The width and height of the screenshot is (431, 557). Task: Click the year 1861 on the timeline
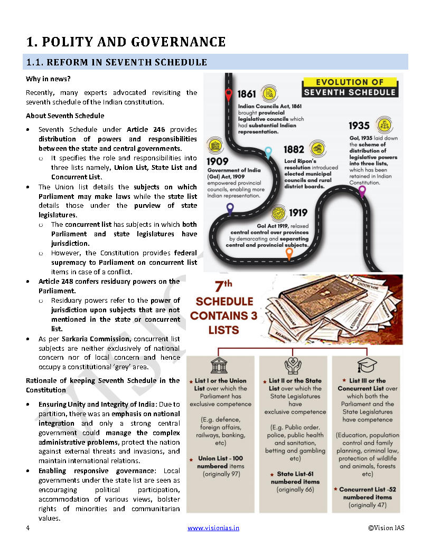(247, 94)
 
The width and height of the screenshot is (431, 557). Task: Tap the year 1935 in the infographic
(359, 126)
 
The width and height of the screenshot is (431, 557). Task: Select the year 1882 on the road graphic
(294, 150)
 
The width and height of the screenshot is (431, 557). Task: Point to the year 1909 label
(218, 161)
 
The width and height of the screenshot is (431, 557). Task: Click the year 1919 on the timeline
(298, 214)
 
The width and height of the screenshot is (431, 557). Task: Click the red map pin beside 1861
(228, 95)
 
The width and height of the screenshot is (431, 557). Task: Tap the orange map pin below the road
(289, 254)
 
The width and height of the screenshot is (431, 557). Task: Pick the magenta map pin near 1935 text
(362, 191)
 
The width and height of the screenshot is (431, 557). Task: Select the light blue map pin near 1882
(268, 152)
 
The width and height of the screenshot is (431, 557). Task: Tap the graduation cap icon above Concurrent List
(367, 366)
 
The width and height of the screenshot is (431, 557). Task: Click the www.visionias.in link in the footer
(213, 528)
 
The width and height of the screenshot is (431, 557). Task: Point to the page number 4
(27, 528)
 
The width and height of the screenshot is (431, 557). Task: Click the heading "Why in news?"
(46, 79)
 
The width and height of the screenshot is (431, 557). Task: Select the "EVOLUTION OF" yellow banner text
(349, 82)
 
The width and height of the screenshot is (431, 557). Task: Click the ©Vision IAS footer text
(386, 528)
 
